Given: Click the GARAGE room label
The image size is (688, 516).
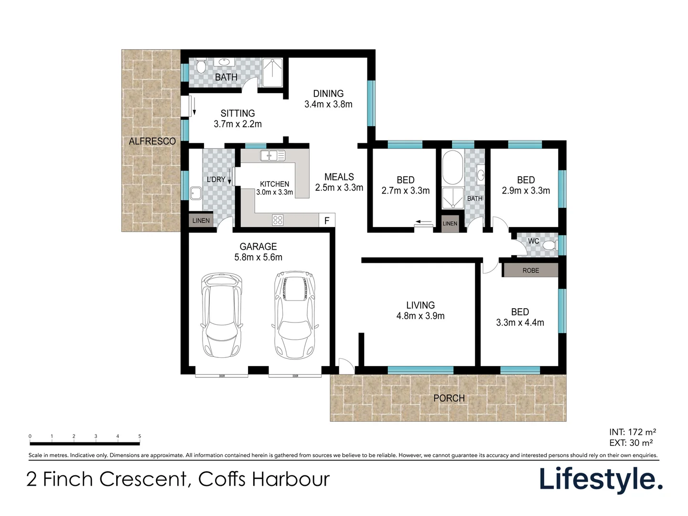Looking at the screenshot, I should tap(258, 247).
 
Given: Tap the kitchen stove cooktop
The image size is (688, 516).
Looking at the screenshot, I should tap(278, 220).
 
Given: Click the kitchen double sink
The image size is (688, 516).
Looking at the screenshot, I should tap(272, 155).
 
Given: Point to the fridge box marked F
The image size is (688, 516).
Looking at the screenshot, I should tap(327, 220).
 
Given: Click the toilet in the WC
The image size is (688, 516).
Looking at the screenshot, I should tap(549, 246).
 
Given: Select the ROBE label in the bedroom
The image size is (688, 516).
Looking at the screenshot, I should tap(530, 270).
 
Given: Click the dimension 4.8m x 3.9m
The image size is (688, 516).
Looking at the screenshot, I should tap(420, 316).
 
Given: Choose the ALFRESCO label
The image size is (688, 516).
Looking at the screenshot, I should tap(152, 141).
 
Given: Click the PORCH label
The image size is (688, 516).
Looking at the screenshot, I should tap(449, 398).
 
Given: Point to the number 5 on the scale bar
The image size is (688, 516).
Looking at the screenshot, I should tap(140, 436).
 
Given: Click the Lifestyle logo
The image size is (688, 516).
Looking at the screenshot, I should tap(601, 479).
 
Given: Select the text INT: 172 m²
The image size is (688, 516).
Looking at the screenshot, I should tap(633, 432).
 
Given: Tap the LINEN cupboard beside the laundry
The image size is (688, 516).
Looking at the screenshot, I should tap(201, 220).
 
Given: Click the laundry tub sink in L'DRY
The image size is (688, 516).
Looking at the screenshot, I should tap(196, 193).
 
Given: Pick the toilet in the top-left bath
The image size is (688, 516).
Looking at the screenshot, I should tap(200, 65).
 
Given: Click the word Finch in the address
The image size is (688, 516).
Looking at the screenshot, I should tap(68, 479).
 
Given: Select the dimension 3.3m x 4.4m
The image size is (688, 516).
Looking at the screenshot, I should tap(520, 322).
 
